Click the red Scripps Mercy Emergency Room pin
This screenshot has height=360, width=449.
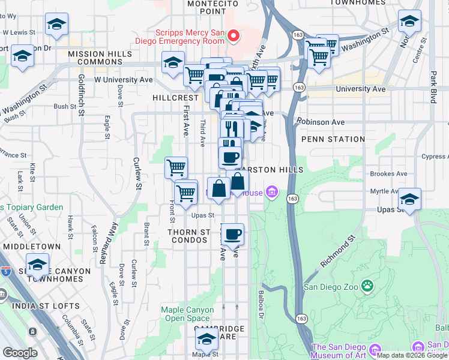click(x=232, y=37)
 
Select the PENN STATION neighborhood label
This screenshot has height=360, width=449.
click(x=333, y=139)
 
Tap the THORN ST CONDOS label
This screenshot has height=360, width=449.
click(x=189, y=236)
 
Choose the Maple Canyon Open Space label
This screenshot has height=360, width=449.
click(x=187, y=314)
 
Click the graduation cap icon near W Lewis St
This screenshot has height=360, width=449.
click(x=56, y=24)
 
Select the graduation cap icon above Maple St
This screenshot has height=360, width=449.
click(x=206, y=339)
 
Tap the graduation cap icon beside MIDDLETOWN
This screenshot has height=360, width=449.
click(x=38, y=263)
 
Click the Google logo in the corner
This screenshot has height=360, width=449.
click(x=20, y=353)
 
